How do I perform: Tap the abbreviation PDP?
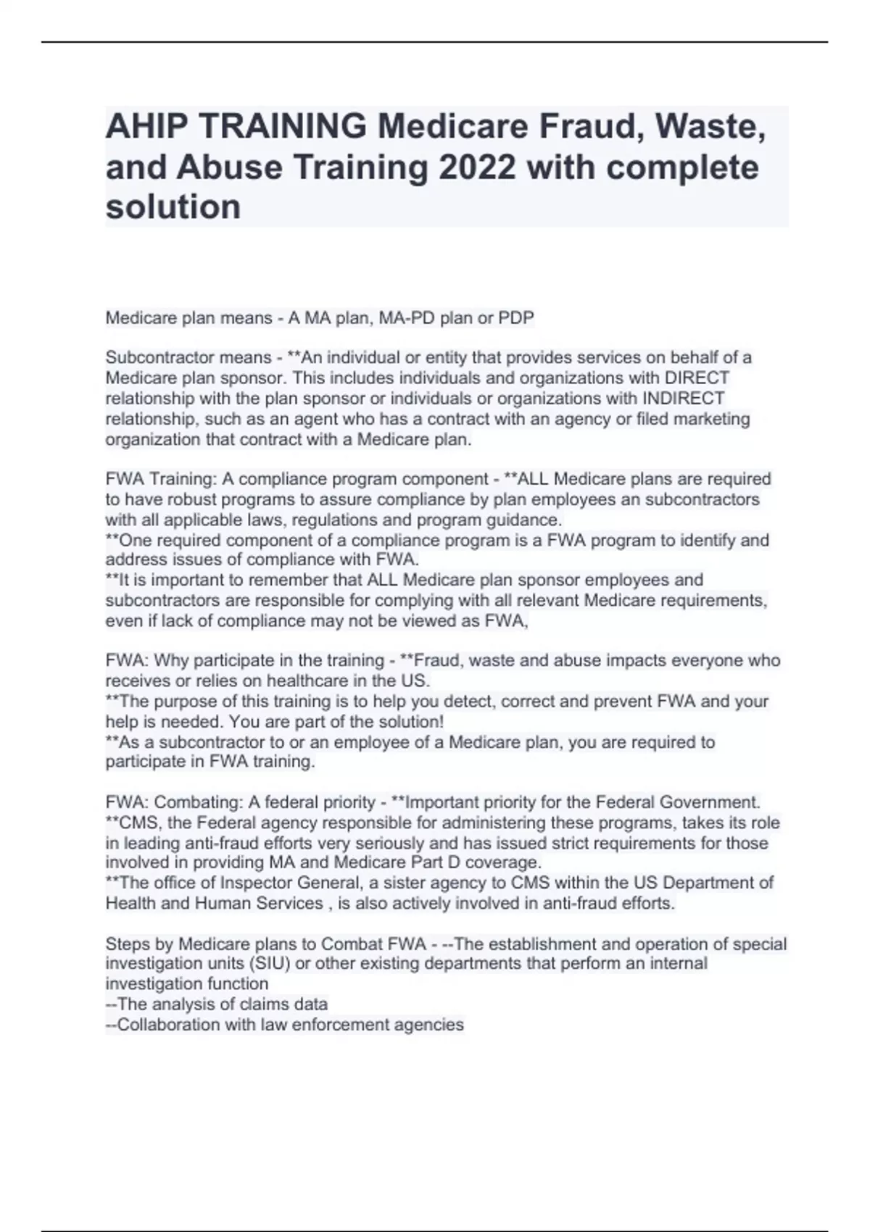(x=515, y=317)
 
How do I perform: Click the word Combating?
(x=198, y=802)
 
